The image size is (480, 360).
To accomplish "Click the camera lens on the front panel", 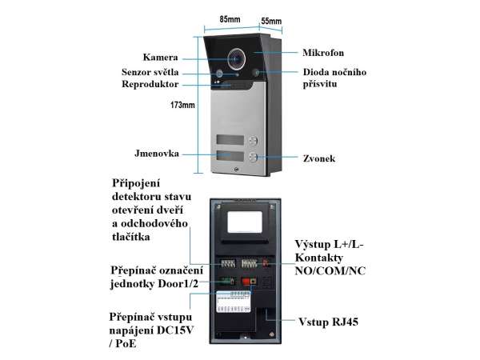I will click(x=237, y=58).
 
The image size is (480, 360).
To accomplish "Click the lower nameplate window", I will click(x=228, y=157).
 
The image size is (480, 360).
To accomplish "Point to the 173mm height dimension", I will click(x=183, y=105).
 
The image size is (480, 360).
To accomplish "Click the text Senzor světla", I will click(x=155, y=72).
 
